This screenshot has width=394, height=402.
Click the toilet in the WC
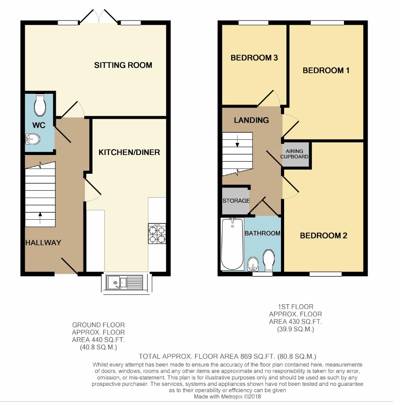coord(40,105)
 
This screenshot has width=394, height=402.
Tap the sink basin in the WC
coord(33,139)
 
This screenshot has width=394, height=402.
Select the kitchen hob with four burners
coord(157,233)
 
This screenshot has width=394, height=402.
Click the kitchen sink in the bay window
coord(125,282)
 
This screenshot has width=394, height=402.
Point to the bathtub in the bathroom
coord(232,244)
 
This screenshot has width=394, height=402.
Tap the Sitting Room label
coord(123,65)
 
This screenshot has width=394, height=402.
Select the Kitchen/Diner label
coord(129,152)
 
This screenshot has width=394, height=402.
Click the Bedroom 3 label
coord(254,58)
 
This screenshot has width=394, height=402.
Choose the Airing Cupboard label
coord(294,154)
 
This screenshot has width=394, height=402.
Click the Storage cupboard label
coord(236,201)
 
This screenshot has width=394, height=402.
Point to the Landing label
coord(251,120)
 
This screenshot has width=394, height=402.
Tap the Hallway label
coord(43,243)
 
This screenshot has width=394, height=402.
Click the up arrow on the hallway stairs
coord(40,218)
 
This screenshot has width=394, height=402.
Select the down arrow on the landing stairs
coord(237,141)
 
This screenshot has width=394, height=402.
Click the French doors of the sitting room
coord(99,17)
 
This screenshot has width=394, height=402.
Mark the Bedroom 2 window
coord(326,274)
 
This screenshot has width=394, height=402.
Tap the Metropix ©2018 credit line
coord(227,396)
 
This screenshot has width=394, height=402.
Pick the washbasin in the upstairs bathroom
coord(253,264)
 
